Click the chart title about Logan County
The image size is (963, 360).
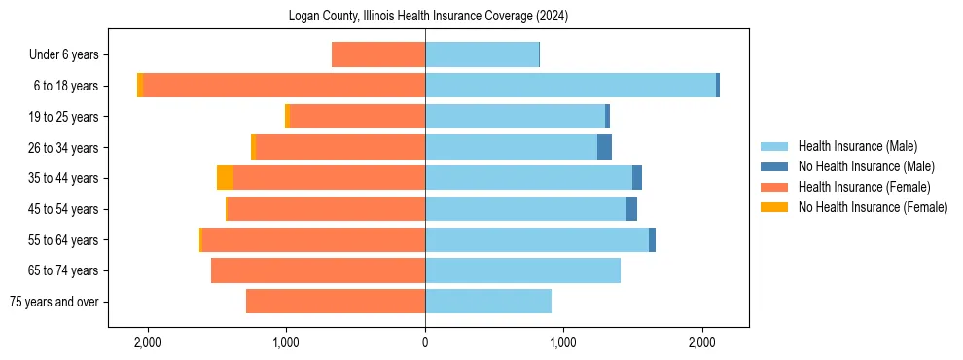[428, 17]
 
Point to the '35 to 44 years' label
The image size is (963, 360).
[64, 178]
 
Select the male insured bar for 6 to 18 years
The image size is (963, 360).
[570, 86]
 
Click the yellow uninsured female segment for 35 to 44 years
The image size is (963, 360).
[225, 178]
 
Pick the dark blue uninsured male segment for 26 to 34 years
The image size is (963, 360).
[604, 147]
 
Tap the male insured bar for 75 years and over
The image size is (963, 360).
[488, 302]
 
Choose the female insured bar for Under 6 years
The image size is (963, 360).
[378, 54]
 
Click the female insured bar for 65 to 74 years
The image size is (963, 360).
[318, 270]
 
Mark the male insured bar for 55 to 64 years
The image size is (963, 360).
[537, 239]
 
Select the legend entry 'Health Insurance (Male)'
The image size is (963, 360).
[856, 146]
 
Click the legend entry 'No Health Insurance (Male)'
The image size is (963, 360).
[865, 166]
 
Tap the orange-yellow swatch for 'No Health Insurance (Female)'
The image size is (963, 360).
[776, 207]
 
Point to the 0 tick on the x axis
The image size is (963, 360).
[425, 342]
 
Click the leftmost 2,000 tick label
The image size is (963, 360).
[148, 342]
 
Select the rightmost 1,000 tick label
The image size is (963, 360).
[563, 342]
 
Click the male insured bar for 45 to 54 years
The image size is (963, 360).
[525, 209]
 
